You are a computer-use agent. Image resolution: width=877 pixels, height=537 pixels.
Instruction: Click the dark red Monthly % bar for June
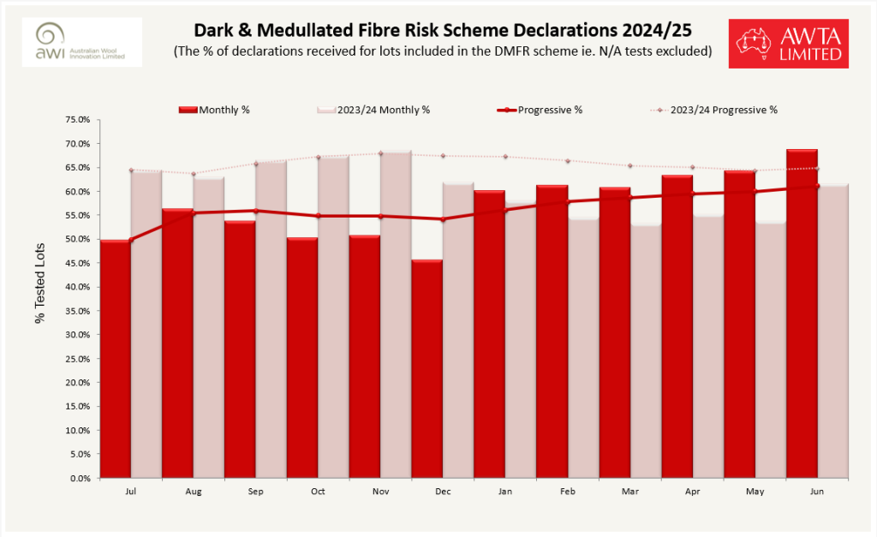[802, 313]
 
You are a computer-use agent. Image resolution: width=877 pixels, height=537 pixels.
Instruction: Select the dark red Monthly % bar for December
[427, 368]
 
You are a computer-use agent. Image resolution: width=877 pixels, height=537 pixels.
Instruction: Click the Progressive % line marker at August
[194, 213]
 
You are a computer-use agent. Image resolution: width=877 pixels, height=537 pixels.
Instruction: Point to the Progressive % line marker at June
[817, 186]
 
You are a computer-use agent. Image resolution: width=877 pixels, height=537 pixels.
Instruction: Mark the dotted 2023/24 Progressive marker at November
[380, 153]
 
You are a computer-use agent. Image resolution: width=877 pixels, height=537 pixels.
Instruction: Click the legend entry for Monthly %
[214, 110]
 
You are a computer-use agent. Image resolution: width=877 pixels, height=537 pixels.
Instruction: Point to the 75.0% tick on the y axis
[77, 120]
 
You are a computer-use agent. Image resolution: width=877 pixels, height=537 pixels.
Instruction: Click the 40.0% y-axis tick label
[77, 287]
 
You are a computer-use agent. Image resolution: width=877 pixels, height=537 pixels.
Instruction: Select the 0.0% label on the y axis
[79, 479]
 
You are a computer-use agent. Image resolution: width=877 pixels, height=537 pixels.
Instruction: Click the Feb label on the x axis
[567, 492]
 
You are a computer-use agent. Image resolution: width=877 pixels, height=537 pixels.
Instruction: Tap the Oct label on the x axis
[318, 492]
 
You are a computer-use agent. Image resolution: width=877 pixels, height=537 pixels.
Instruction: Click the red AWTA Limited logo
[789, 43]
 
